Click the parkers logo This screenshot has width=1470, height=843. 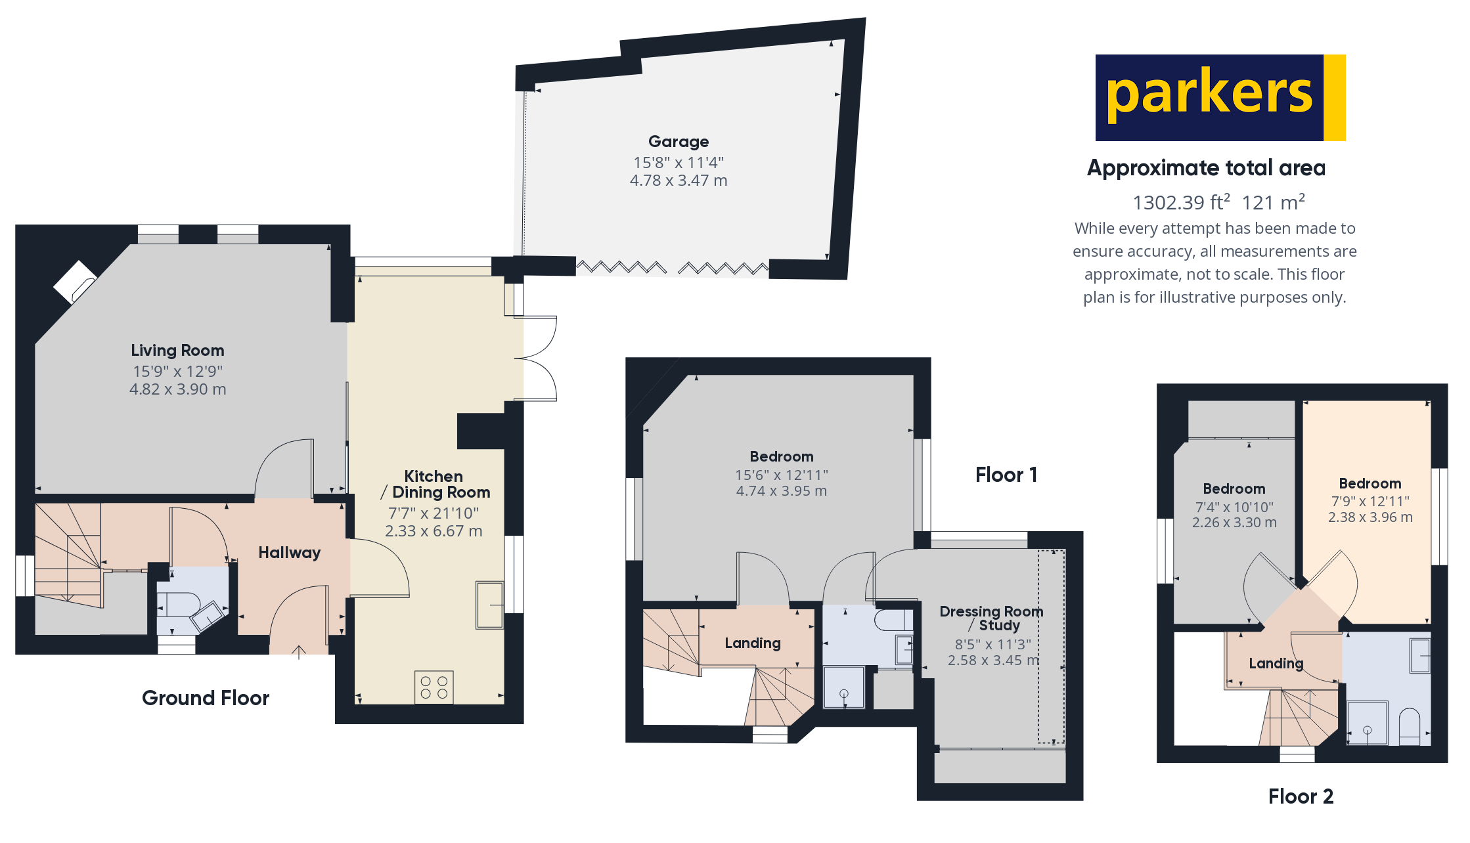coord(1220,97)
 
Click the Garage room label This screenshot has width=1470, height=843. coord(679,142)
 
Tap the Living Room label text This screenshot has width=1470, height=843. coord(177,351)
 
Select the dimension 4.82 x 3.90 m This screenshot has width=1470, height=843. coord(177,389)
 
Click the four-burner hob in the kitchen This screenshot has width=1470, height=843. coord(434,687)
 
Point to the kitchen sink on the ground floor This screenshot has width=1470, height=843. coord(489,605)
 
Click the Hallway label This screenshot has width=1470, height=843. coord(289,553)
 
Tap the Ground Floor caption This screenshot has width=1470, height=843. coord(206,698)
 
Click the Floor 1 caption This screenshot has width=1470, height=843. coord(1006,475)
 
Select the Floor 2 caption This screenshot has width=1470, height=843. coord(1301,796)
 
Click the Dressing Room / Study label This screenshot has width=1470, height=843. coord(991,618)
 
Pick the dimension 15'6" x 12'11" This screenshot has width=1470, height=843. coord(781,475)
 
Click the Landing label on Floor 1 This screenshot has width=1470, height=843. coord(753,643)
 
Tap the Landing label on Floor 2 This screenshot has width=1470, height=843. coord(1276,664)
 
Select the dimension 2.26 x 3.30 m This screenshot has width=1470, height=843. coord(1234,523)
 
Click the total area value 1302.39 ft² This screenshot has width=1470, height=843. coord(1181,202)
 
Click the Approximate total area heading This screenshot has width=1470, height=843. coord(1206,168)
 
